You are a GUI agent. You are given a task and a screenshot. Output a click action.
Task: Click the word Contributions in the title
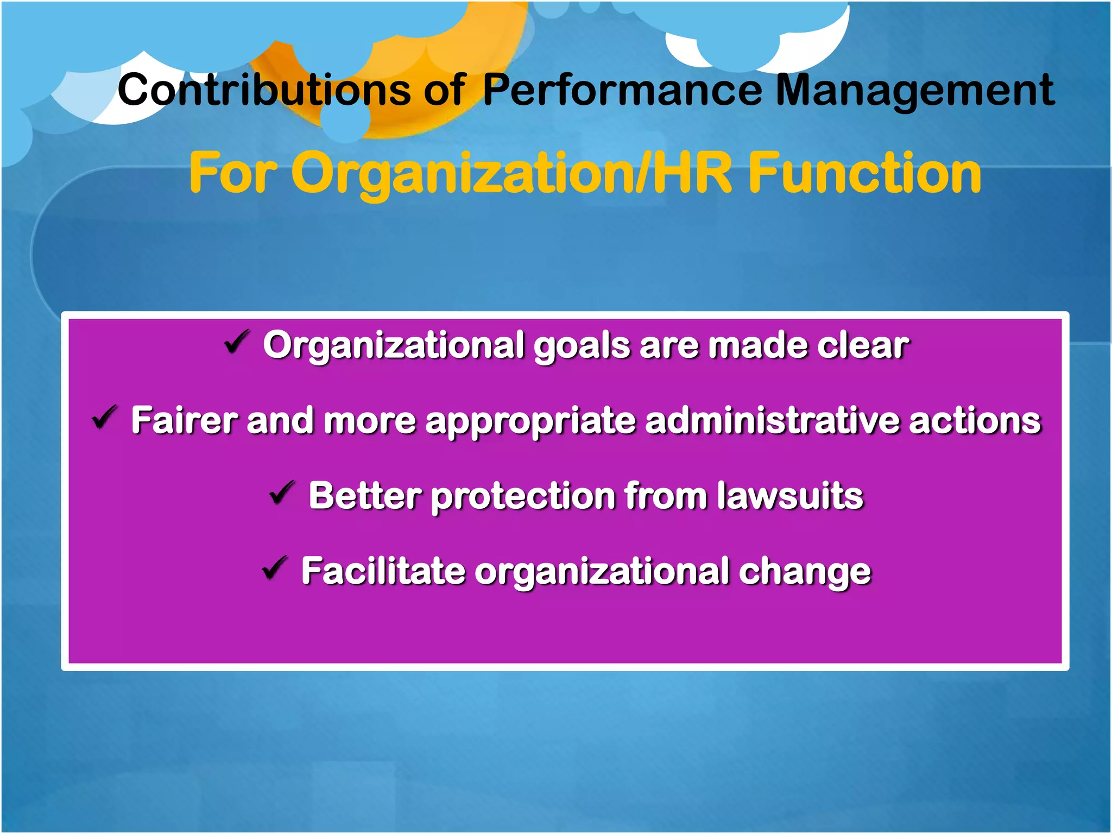pyautogui.click(x=264, y=90)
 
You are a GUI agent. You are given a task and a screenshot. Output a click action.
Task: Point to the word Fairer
pyautogui.click(x=184, y=420)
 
